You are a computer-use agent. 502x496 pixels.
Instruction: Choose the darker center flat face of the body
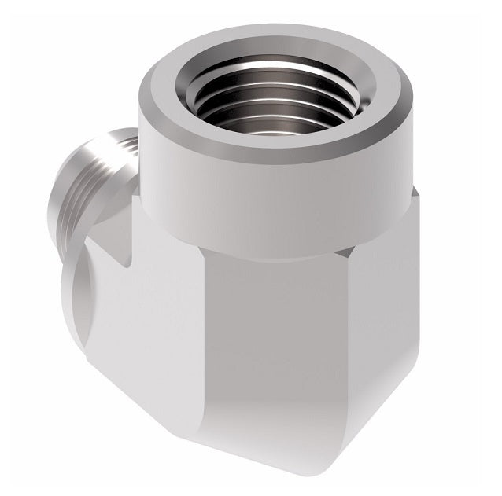268,338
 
